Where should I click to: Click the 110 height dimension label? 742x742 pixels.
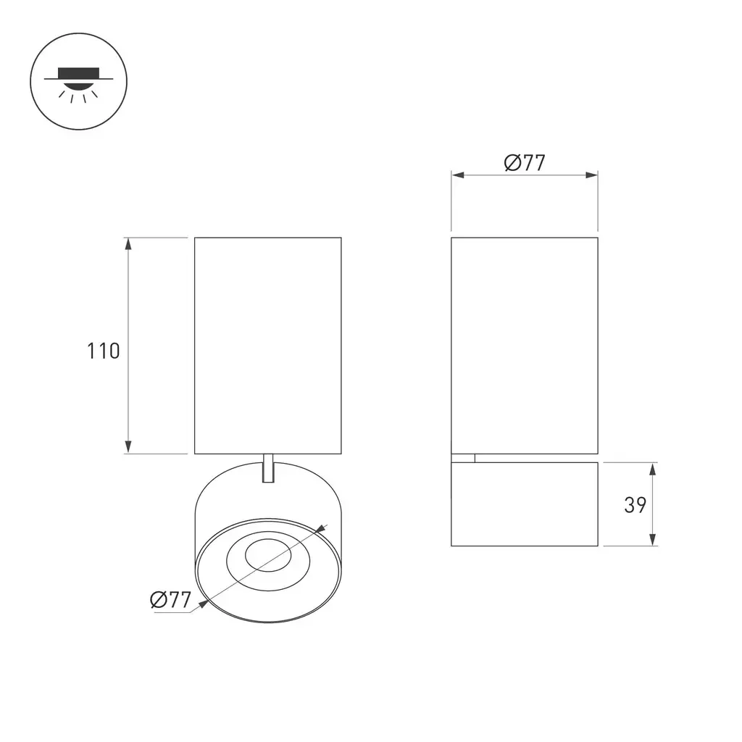click(103, 351)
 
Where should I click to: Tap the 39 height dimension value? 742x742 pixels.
click(635, 504)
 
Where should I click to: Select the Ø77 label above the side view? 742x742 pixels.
click(525, 163)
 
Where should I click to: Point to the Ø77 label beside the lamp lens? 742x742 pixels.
click(170, 599)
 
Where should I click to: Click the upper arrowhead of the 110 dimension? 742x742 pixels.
click(128, 243)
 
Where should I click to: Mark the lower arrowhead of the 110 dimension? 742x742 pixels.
click(128, 447)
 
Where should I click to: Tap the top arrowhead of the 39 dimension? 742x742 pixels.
click(653, 469)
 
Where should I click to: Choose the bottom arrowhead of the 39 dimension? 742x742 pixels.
click(653, 539)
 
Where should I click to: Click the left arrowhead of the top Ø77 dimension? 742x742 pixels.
click(458, 175)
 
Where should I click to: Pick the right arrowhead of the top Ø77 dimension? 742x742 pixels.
click(591, 175)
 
